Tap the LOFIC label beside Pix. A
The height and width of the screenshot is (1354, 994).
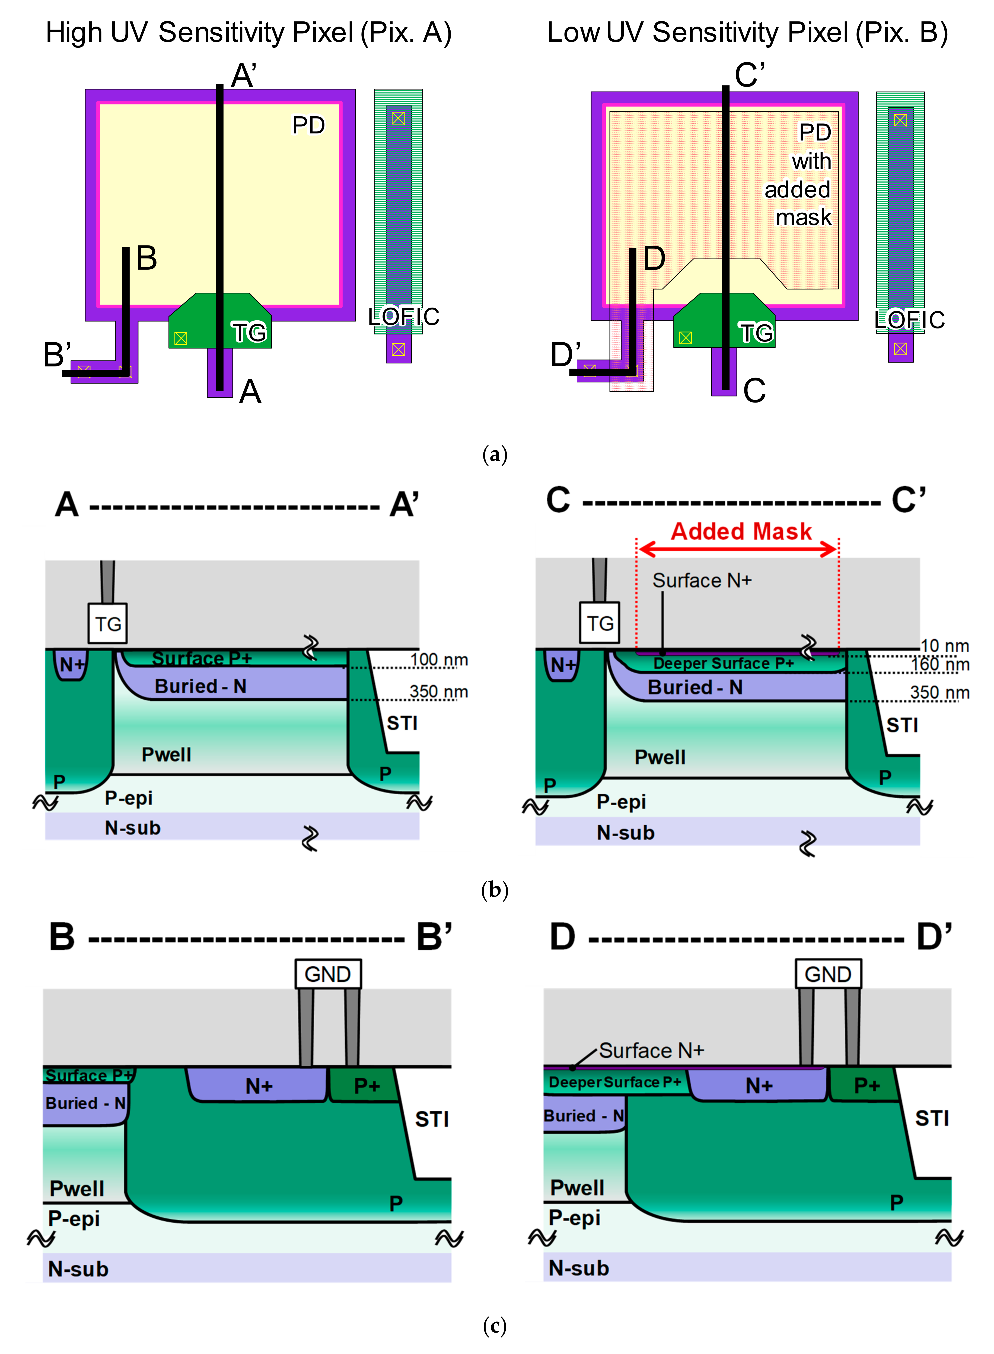(404, 317)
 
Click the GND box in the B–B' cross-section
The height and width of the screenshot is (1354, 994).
(328, 974)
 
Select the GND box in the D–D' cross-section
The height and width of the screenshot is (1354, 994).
(828, 974)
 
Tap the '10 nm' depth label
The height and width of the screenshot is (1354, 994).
(945, 646)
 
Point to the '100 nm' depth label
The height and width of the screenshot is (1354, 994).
(439, 660)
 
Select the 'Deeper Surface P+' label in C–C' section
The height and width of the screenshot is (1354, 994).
(724, 663)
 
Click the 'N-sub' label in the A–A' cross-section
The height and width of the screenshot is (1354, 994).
(132, 828)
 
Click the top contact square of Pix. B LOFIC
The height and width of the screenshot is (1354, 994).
(900, 120)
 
